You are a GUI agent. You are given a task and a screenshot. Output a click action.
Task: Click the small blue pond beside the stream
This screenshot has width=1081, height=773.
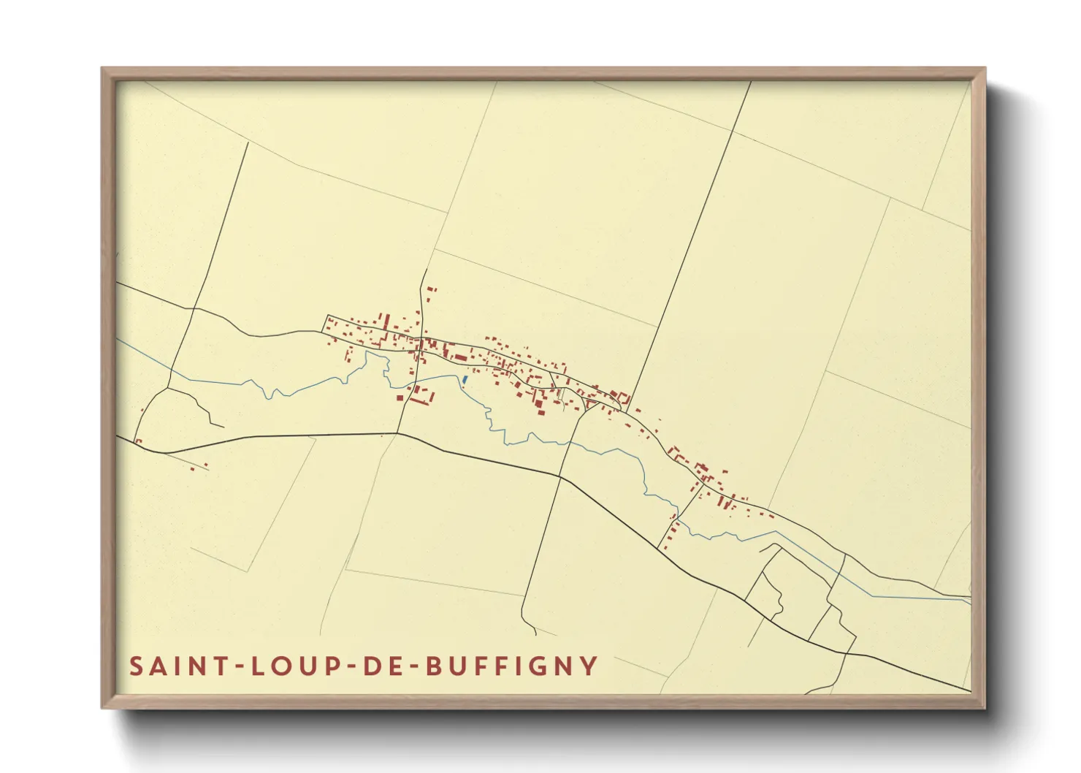465,379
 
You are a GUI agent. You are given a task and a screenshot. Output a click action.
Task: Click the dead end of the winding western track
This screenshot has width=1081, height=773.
222,425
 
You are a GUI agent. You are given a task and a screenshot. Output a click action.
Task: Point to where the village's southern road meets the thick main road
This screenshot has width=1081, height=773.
397,434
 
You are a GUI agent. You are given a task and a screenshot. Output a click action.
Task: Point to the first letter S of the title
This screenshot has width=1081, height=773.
136,666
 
